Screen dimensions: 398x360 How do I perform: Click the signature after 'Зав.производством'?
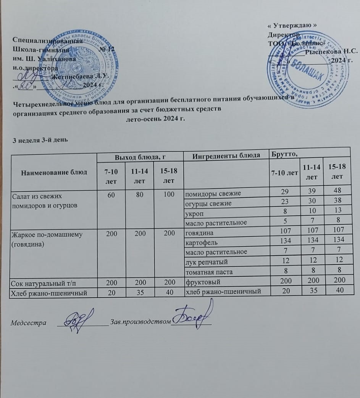click(193, 315)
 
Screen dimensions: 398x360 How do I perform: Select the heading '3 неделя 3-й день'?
click(40, 140)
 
